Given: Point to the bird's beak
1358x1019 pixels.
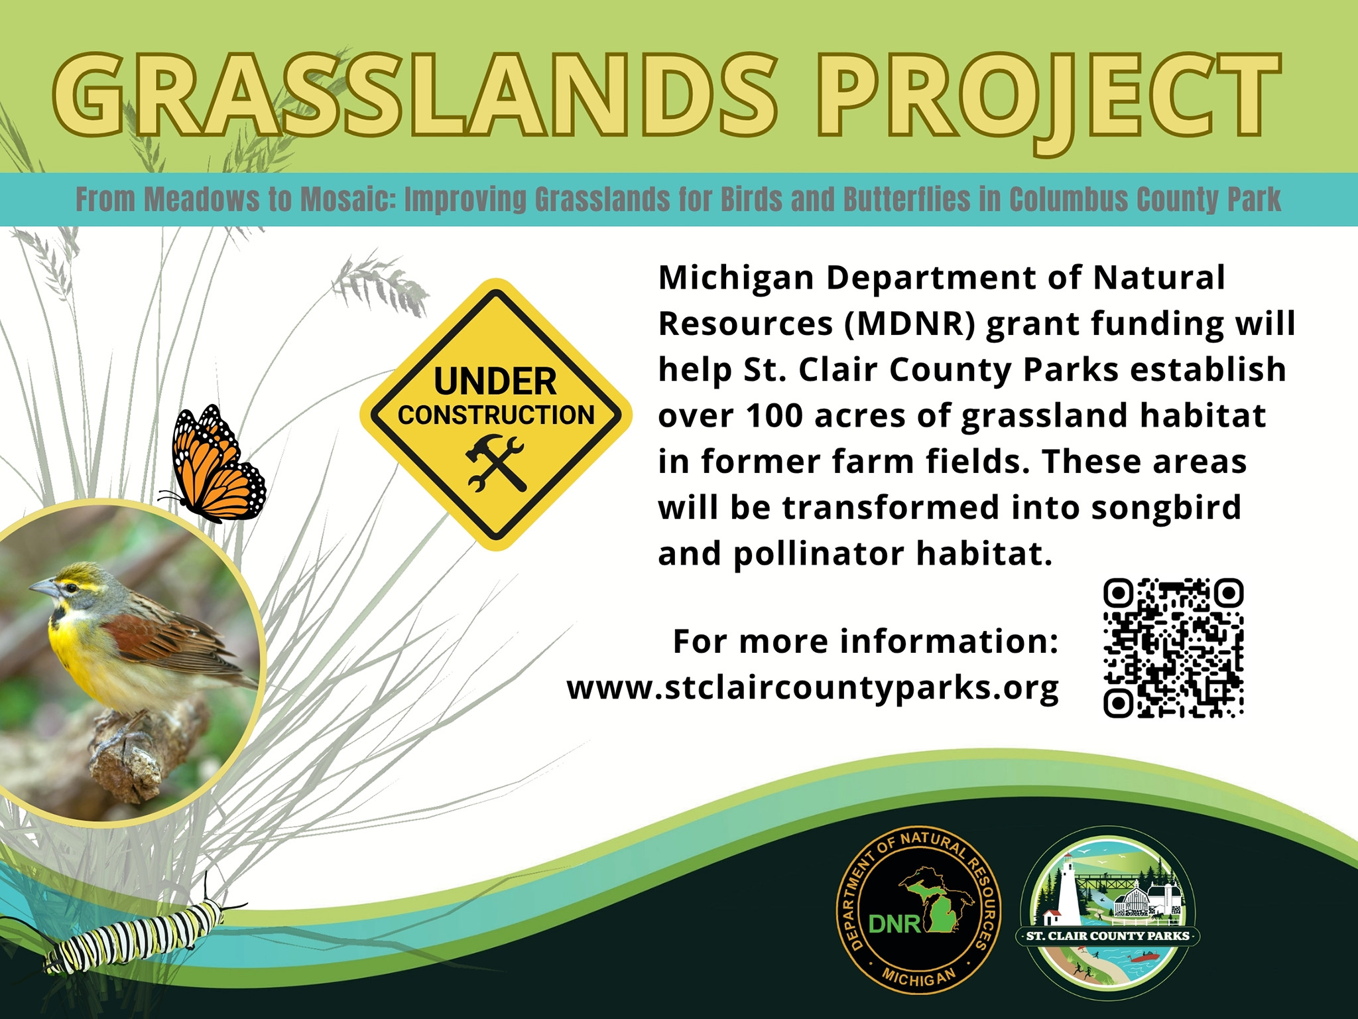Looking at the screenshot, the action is pyautogui.click(x=41, y=587).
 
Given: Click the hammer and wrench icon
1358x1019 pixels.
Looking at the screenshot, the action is pyautogui.click(x=495, y=463).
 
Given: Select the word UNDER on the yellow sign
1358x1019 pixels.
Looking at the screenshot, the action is pyautogui.click(x=495, y=382).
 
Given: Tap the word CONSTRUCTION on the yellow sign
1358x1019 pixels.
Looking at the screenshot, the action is pyautogui.click(x=496, y=415).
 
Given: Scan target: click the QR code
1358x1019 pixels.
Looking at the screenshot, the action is pyautogui.click(x=1173, y=648).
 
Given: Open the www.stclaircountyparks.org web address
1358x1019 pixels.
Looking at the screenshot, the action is pyautogui.click(x=813, y=689).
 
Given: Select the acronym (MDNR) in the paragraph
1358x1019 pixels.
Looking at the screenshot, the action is pyautogui.click(x=909, y=324).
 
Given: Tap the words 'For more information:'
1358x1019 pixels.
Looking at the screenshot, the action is pyautogui.click(x=866, y=642).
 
